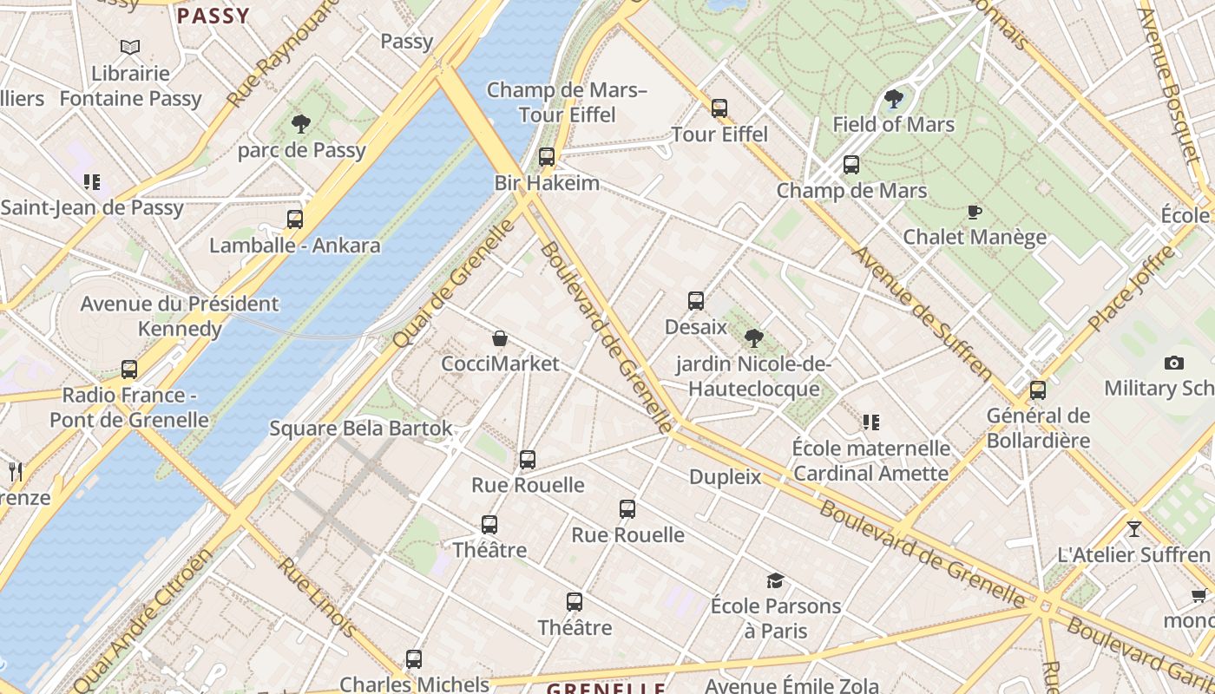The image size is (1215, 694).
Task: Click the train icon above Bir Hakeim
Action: tap(547, 157)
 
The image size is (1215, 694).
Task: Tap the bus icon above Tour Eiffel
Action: tap(719, 108)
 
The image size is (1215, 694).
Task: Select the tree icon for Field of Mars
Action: tap(893, 99)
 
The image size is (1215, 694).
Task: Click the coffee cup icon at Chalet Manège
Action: tap(974, 212)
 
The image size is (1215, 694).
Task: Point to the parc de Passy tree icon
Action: tap(301, 124)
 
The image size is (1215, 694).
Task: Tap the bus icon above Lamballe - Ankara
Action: tap(295, 219)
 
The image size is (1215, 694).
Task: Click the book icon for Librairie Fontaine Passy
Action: tap(130, 47)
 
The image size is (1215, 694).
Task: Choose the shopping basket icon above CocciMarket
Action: tap(500, 338)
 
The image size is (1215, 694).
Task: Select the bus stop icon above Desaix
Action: tap(696, 301)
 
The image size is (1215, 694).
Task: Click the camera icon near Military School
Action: tap(1174, 363)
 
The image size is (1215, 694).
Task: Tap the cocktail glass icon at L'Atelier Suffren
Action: tap(1133, 528)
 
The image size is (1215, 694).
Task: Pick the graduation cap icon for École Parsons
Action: tap(775, 580)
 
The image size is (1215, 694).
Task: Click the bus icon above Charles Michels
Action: tap(414, 659)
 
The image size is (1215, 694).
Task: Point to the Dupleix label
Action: tap(725, 477)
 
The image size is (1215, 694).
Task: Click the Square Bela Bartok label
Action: tap(361, 429)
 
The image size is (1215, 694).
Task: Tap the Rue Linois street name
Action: tap(316, 597)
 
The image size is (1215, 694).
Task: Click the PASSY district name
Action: tap(213, 16)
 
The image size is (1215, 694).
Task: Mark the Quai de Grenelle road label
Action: tap(454, 284)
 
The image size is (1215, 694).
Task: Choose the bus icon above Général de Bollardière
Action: tap(1038, 390)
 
